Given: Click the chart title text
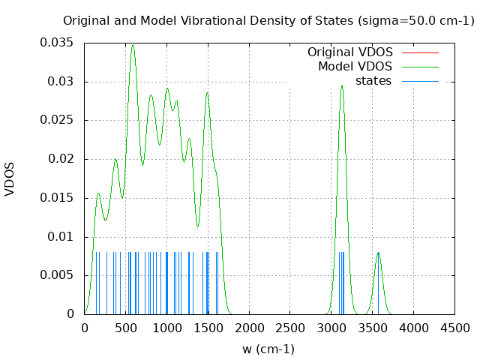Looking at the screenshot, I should pyautogui.click(x=268, y=20).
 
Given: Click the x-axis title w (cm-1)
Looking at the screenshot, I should pyautogui.click(x=268, y=349).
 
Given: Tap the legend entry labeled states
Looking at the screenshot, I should pyautogui.click(x=373, y=81).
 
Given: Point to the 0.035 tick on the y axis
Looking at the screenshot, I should pyautogui.click(x=56, y=43).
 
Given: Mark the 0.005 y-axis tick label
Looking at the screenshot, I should pyautogui.click(x=56, y=275).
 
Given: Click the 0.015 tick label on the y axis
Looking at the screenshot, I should pyautogui.click(x=56, y=198).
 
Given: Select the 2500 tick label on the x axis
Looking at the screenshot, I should pyautogui.click(x=290, y=328).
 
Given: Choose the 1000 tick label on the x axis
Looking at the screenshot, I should pyautogui.click(x=166, y=328).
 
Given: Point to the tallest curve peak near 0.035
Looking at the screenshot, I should pyautogui.click(x=133, y=45).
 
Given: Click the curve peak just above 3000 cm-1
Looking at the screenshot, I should pyautogui.click(x=341, y=85).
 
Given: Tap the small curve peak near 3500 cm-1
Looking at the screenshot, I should pyautogui.click(x=378, y=253).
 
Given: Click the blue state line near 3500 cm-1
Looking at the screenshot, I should pyautogui.click(x=378, y=285).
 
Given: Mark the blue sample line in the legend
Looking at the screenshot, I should pyautogui.click(x=420, y=81).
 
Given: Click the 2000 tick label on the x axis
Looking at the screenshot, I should pyautogui.click(x=249, y=328).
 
